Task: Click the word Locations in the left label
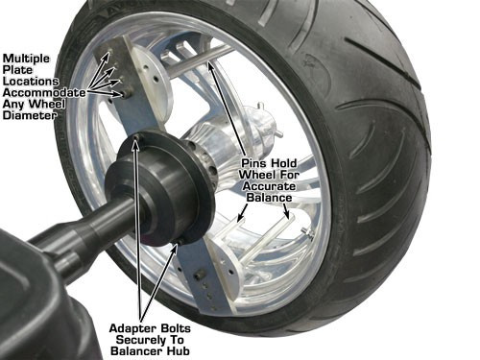[36, 80]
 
